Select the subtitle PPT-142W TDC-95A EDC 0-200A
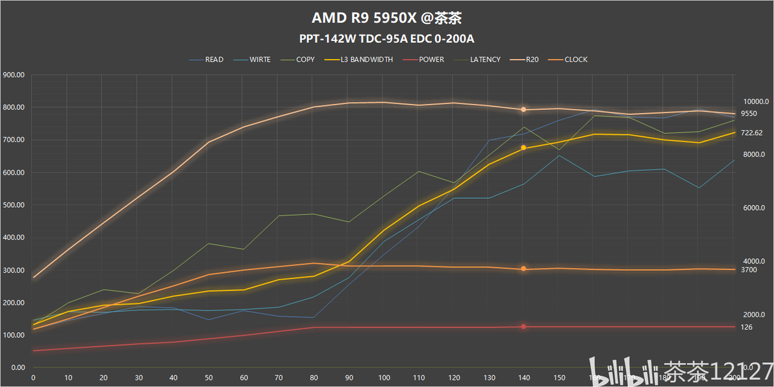(x=386, y=38)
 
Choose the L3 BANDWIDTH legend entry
(x=367, y=60)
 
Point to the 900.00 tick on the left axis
(x=14, y=75)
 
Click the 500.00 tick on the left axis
(x=14, y=205)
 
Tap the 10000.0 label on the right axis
(x=756, y=101)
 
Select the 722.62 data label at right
(x=752, y=132)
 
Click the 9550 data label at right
(x=749, y=114)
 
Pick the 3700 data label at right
(x=749, y=269)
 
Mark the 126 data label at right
(x=747, y=327)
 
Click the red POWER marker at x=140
(x=523, y=327)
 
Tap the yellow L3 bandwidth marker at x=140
(x=523, y=148)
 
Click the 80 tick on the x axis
(x=314, y=377)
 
